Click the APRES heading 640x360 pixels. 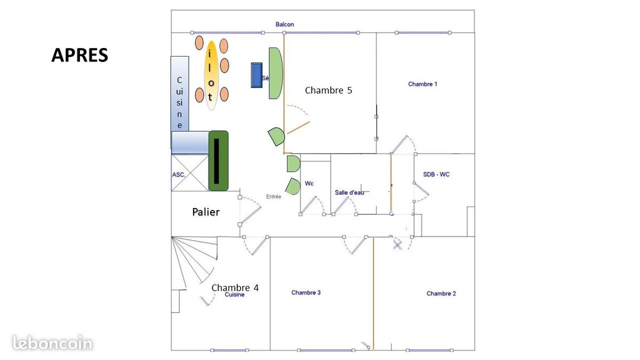(79, 55)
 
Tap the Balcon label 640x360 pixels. (285, 25)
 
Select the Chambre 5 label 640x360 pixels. (328, 91)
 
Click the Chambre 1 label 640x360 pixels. (422, 84)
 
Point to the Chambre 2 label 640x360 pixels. (441, 294)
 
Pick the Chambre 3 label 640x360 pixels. (306, 293)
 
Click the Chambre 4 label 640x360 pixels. (235, 287)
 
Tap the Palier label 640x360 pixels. (206, 212)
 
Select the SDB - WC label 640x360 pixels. (436, 174)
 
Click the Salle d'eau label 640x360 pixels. (349, 193)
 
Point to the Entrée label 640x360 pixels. (274, 197)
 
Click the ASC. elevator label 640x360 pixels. (178, 174)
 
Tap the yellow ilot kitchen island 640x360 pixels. (211, 75)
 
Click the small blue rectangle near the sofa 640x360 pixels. (257, 75)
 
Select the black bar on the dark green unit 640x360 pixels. (217, 160)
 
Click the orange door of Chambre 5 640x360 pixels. (298, 127)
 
